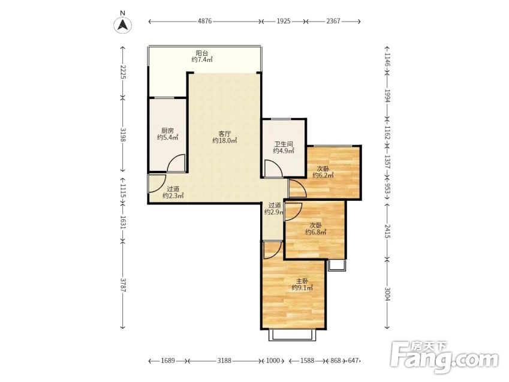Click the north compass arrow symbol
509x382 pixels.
point(123,25)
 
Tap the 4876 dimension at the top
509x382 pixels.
point(204,21)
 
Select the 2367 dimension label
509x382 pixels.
point(333,21)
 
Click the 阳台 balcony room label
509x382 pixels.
point(202,53)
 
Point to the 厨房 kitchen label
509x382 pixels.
point(167,131)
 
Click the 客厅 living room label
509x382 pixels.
point(225,134)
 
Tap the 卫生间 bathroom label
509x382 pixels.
point(284,144)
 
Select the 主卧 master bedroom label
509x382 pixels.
point(302,281)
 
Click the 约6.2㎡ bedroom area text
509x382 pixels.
point(323,175)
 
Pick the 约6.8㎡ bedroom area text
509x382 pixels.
point(316,232)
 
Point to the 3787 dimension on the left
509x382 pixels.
point(123,284)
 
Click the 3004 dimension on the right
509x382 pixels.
point(387,294)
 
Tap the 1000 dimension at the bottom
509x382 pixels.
point(273,360)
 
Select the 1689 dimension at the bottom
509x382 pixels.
point(168,360)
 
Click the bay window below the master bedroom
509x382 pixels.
point(292,335)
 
